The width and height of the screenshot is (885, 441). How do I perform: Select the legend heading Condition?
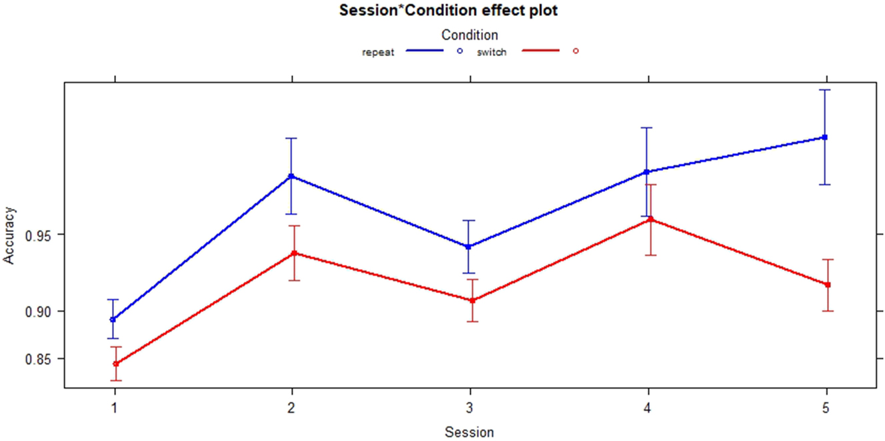click(x=469, y=35)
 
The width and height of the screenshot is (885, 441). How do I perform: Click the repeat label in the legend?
click(x=378, y=53)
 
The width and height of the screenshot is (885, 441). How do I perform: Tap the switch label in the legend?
click(x=491, y=53)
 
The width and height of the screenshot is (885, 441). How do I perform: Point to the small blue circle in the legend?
click(x=459, y=51)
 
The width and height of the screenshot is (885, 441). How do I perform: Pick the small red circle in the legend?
click(x=576, y=51)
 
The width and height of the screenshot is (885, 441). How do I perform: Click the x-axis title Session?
click(x=469, y=432)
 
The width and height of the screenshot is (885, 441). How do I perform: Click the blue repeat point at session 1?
click(x=113, y=320)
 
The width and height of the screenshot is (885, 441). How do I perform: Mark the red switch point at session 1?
click(x=115, y=364)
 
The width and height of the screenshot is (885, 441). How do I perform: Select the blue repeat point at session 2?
click(x=291, y=177)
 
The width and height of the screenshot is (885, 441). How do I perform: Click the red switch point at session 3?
click(x=471, y=300)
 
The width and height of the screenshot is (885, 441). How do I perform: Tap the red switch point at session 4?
click(x=650, y=219)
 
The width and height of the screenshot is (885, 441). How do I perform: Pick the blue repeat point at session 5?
click(x=825, y=137)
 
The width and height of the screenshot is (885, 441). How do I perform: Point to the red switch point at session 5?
click(x=828, y=284)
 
